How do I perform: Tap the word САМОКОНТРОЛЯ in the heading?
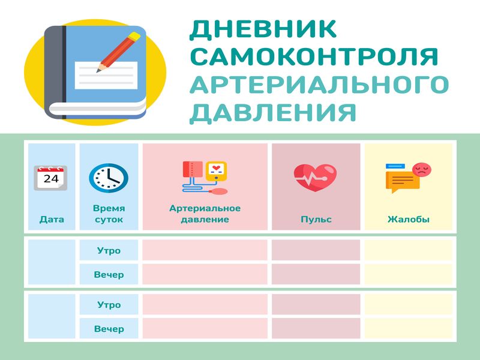pyautogui.click(x=314, y=56)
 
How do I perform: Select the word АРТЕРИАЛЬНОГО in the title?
pyautogui.click(x=319, y=84)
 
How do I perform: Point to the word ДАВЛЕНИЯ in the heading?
pyautogui.click(x=273, y=113)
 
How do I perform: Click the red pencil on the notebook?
pyautogui.click(x=118, y=52)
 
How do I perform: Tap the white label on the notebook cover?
pyautogui.click(x=106, y=76)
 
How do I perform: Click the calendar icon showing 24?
pyautogui.click(x=50, y=178)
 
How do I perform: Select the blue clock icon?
pyautogui.click(x=109, y=178)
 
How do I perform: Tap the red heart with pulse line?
pyautogui.click(x=315, y=178)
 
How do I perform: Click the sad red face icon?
pyautogui.click(x=422, y=169)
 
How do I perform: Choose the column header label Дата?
pyautogui.click(x=52, y=219)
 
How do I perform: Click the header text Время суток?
pyautogui.click(x=109, y=214)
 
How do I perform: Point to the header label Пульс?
pyautogui.click(x=316, y=219)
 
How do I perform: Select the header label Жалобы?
pyautogui.click(x=409, y=219)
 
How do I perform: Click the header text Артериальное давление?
pyautogui.click(x=205, y=214)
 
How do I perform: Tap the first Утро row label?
pyautogui.click(x=109, y=251)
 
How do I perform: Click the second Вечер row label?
pyautogui.click(x=109, y=329)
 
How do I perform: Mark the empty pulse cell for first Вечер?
pyautogui.click(x=316, y=274)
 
